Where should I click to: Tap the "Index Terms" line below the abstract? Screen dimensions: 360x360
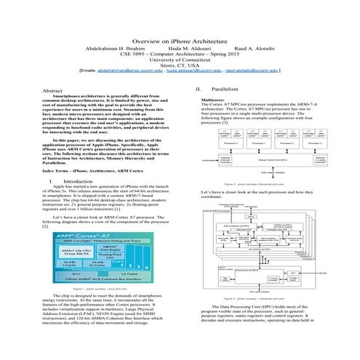click(93, 169)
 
